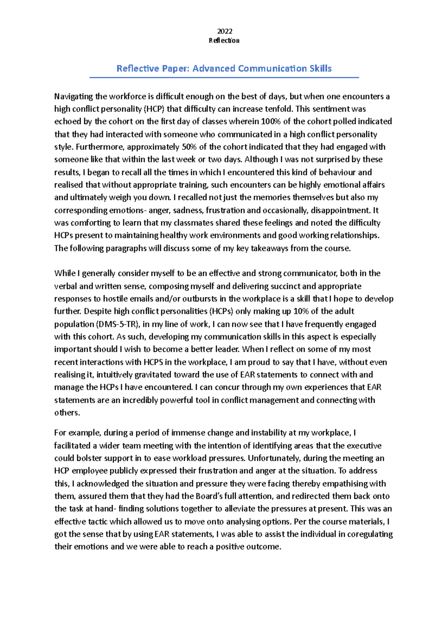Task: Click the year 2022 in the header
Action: [224, 31]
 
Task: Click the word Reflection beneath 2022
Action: [224, 40]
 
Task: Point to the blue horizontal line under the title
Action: [224, 77]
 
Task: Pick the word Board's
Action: [209, 496]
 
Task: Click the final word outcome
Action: [266, 547]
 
